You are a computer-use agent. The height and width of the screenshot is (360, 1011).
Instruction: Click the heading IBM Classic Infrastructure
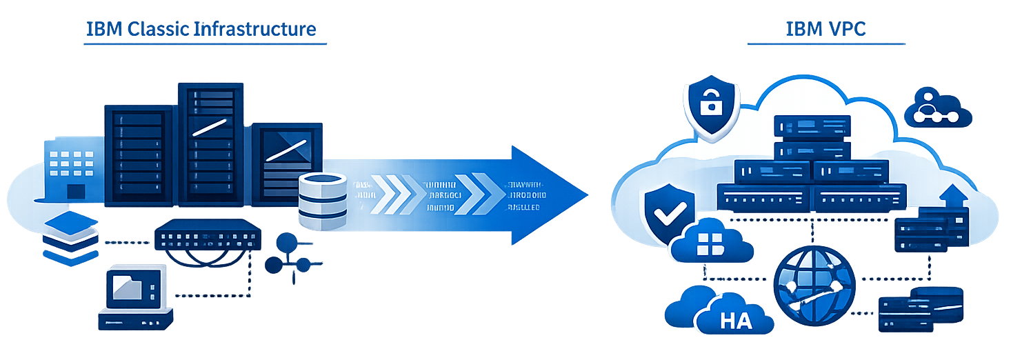click(x=201, y=30)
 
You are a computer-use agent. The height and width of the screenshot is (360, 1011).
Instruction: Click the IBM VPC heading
click(x=825, y=30)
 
